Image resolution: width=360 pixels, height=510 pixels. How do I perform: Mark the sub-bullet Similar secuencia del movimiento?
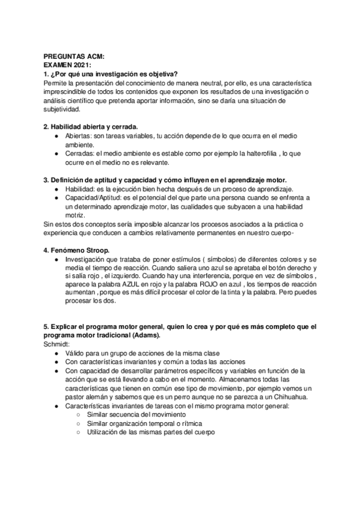(x=136, y=415)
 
